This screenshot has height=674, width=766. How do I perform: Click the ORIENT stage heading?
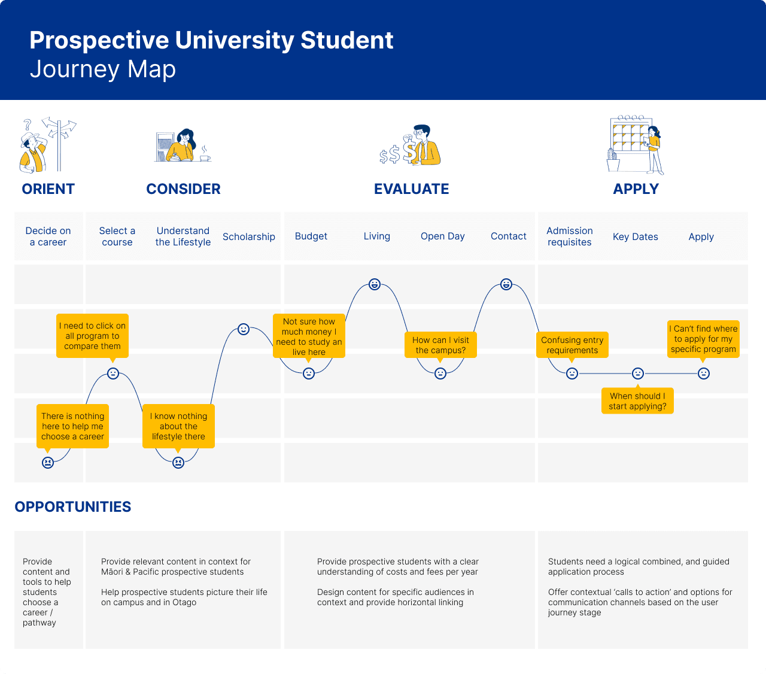48,189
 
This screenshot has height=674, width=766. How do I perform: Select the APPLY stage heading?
636,189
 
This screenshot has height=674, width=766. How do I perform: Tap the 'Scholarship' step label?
249,237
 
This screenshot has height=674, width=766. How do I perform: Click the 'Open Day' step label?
442,236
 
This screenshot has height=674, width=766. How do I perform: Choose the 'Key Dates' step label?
635,237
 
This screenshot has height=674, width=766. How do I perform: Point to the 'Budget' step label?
311,236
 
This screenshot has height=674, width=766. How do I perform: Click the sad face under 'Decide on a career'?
48,462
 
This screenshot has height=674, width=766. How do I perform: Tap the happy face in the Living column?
374,284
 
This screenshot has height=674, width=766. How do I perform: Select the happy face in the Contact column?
506,284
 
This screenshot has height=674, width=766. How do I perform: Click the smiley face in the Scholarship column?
243,329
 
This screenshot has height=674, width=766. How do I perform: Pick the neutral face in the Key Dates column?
637,374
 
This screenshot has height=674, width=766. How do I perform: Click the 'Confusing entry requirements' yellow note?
572,345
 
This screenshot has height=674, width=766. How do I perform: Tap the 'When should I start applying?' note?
637,400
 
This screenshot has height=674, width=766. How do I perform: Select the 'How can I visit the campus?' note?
440,345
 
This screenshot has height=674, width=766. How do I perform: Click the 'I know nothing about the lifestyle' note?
178,426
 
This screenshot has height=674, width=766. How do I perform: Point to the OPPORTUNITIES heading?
72,507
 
